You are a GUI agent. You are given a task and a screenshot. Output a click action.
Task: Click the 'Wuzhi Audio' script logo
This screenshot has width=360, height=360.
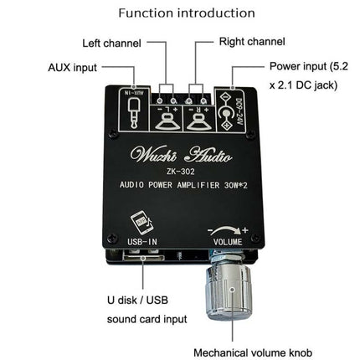click(175, 152)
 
